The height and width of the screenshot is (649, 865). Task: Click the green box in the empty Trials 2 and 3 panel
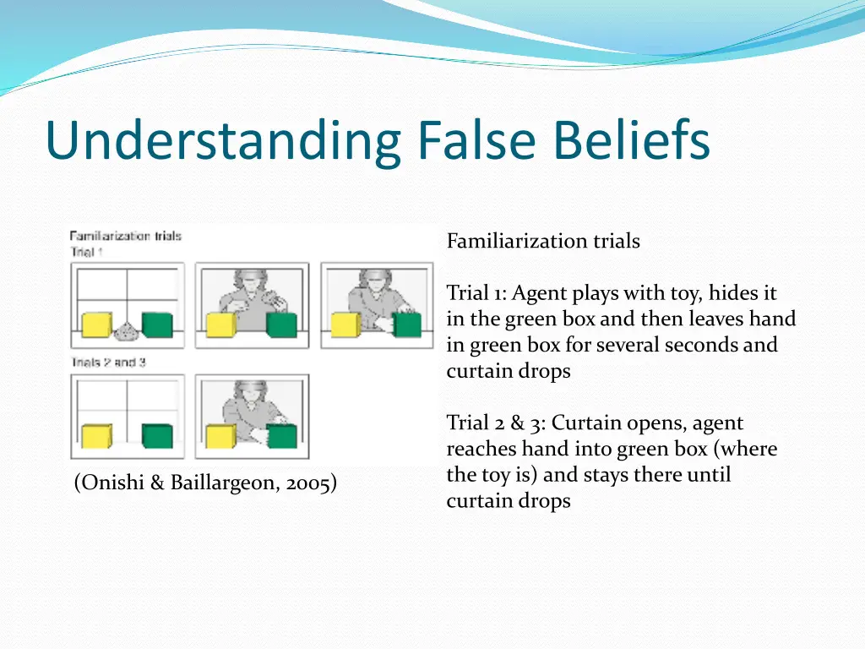coord(157,435)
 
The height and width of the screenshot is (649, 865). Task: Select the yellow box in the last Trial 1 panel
coord(344,325)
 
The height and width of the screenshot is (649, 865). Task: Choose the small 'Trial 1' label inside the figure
coord(87,252)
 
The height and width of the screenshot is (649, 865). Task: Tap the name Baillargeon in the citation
coord(221,483)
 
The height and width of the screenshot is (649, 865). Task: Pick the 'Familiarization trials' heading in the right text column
coord(543,242)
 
